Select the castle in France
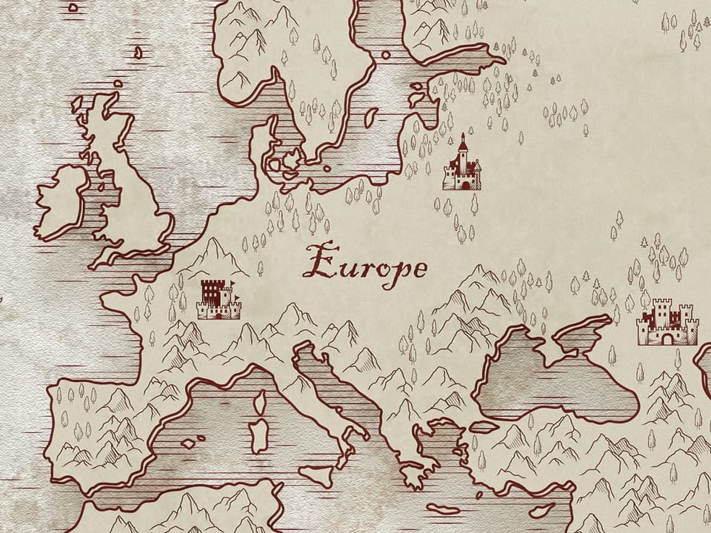[x=218, y=299]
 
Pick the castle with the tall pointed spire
[x=462, y=166]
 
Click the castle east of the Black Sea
[x=667, y=324]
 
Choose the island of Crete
[x=444, y=509]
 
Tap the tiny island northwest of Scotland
[x=138, y=52]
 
